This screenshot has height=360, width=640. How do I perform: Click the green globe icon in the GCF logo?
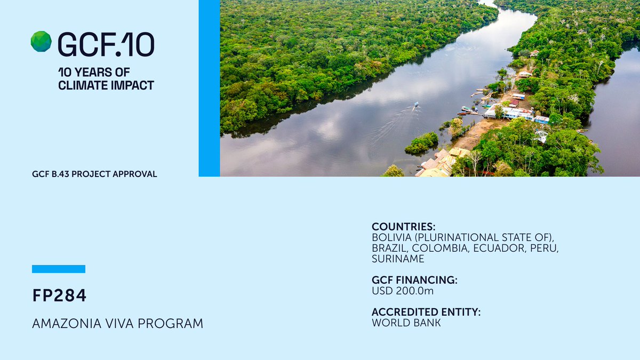pyautogui.click(x=41, y=42)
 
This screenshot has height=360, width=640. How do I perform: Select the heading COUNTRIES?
pyautogui.click(x=404, y=227)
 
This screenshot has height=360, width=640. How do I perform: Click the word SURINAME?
pyautogui.click(x=398, y=259)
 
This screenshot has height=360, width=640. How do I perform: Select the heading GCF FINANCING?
pyautogui.click(x=414, y=281)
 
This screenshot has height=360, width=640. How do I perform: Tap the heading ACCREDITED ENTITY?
pyautogui.click(x=426, y=313)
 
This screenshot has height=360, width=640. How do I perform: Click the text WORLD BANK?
pyautogui.click(x=406, y=323)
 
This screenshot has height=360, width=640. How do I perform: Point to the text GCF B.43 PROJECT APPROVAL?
pyautogui.click(x=94, y=174)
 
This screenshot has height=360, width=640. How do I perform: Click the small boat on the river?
pyautogui.click(x=415, y=105)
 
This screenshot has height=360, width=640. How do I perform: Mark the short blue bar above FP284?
pyautogui.click(x=59, y=269)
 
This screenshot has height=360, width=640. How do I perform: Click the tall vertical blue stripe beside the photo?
pyautogui.click(x=209, y=88)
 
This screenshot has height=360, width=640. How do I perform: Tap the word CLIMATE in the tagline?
pyautogui.click(x=81, y=85)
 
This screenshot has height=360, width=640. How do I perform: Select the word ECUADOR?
pyautogui.click(x=496, y=249)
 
